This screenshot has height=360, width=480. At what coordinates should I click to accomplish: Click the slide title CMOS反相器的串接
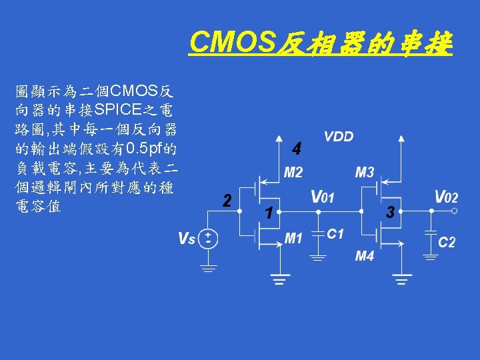click(321, 44)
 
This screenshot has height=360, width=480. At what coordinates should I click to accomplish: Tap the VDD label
click(339, 137)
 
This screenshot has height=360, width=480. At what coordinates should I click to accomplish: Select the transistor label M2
click(293, 173)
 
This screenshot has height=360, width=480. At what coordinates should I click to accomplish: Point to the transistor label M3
click(364, 173)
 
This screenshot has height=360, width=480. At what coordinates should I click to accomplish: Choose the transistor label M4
click(364, 256)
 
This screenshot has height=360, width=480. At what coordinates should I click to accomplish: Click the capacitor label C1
click(335, 234)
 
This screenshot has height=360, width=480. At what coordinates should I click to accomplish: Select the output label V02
click(446, 197)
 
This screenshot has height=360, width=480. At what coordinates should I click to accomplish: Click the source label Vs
click(187, 238)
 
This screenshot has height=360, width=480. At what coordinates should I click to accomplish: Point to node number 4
click(297, 147)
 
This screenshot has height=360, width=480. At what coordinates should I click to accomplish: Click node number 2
click(227, 201)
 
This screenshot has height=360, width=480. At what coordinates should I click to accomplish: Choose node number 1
click(267, 214)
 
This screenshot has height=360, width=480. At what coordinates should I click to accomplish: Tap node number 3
click(391, 213)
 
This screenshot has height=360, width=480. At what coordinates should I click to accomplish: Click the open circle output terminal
click(453, 211)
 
